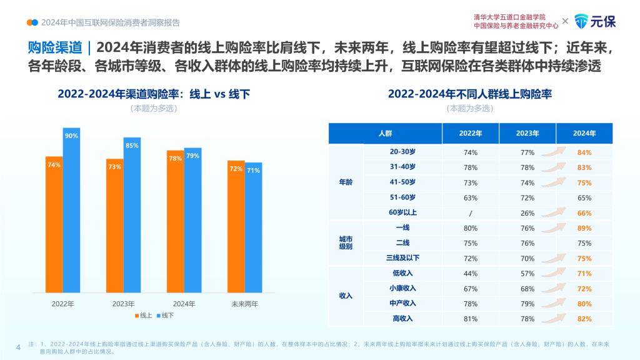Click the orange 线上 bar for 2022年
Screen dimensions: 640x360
(x=54, y=224)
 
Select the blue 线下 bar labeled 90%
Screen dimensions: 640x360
(x=71, y=210)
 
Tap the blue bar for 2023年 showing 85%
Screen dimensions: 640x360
(x=132, y=215)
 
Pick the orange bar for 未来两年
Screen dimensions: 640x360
(x=236, y=226)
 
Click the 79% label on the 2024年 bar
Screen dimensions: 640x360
(x=192, y=156)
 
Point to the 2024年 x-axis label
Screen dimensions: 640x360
(x=184, y=304)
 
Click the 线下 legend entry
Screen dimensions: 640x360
(x=165, y=316)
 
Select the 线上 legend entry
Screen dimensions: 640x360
(x=144, y=316)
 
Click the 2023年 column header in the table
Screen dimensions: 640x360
(x=527, y=134)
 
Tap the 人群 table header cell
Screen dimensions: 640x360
(x=385, y=134)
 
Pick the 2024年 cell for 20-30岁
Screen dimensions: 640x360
(x=584, y=152)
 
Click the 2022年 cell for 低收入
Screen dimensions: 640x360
(x=471, y=274)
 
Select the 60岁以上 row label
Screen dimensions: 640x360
(x=402, y=212)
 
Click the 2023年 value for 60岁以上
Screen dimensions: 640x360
(x=527, y=213)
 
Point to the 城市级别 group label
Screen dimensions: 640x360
(x=346, y=243)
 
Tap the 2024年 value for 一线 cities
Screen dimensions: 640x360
(x=584, y=228)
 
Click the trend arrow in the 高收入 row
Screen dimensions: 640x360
(x=554, y=318)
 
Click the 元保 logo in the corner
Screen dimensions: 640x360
(x=595, y=21)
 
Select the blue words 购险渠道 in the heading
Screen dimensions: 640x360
(x=55, y=47)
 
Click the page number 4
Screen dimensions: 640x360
(x=18, y=347)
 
